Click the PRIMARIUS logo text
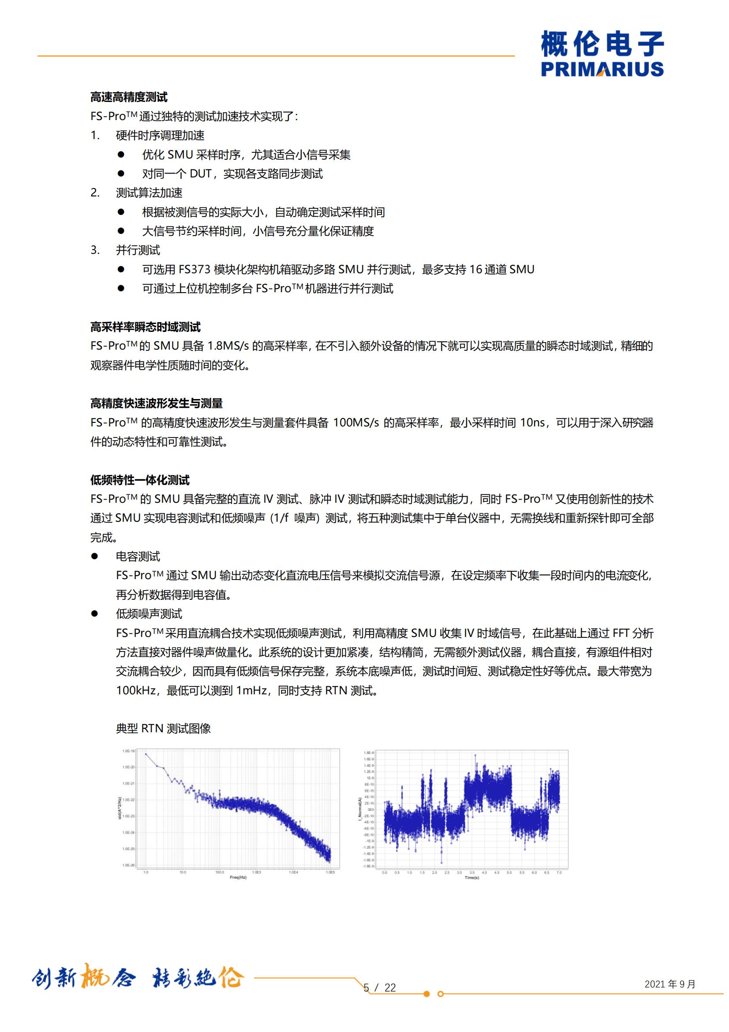click(602, 69)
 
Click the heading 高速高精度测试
click(129, 97)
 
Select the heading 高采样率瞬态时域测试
click(146, 327)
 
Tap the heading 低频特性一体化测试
click(140, 480)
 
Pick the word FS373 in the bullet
click(194, 269)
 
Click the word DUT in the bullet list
click(200, 173)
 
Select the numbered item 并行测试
click(138, 250)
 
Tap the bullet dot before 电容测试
click(94, 557)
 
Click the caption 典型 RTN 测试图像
click(163, 728)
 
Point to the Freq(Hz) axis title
click(238, 877)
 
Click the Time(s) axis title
click(471, 878)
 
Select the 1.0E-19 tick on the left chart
click(128, 751)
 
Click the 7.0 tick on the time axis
click(559, 873)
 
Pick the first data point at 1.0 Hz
click(146, 754)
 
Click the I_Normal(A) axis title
click(360, 809)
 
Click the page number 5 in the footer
click(366, 987)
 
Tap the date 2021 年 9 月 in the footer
click(670, 984)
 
